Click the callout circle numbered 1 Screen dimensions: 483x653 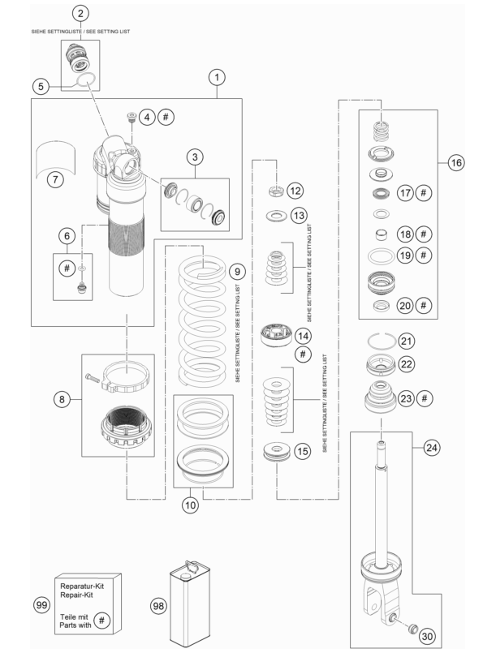(217, 77)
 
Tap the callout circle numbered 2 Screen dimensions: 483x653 (80, 13)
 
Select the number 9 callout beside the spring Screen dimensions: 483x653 (237, 272)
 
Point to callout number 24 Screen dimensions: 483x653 (431, 448)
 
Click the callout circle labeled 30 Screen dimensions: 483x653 (427, 636)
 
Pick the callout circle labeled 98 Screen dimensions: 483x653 (158, 605)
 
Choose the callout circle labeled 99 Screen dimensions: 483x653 (41, 604)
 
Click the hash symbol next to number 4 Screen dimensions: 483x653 (166, 117)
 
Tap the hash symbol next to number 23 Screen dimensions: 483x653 (425, 398)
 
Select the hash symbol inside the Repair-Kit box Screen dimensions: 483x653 (101, 621)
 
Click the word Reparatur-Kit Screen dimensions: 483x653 (82, 586)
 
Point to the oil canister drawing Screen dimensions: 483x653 (190, 604)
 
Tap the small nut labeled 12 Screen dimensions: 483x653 (276, 191)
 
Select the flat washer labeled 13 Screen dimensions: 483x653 (275, 216)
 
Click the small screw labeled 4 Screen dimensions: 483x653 (132, 117)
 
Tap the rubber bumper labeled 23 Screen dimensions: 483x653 (380, 397)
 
